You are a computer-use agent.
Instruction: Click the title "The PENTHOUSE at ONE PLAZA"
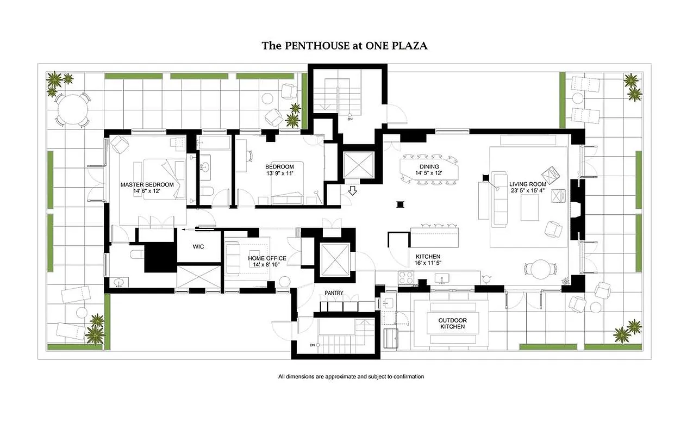coord(345,46)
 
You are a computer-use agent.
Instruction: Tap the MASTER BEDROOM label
coord(147,185)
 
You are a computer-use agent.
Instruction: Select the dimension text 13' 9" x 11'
coord(279,173)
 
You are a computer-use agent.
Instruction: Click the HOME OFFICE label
coord(263,258)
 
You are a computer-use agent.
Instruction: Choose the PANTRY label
coord(334,293)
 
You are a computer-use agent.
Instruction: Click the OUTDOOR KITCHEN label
coord(452,324)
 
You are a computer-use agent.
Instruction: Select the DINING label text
coord(429,166)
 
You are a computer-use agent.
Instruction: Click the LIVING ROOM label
coord(527,184)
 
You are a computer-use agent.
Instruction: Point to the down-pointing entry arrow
coord(352,190)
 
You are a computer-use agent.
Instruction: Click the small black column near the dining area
coord(401,204)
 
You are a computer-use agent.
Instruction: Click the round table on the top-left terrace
coord(71,109)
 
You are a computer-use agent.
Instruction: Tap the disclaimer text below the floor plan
coord(351,376)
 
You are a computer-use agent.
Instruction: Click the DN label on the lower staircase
coord(313,345)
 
